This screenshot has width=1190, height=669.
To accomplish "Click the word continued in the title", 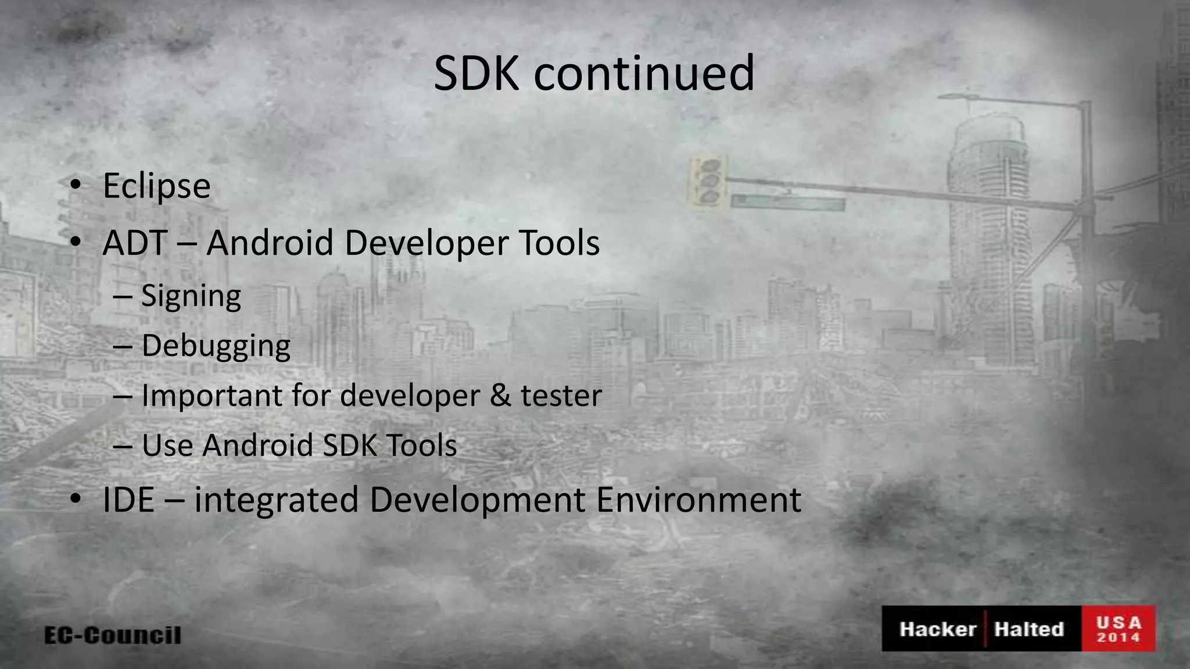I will pos(644,74).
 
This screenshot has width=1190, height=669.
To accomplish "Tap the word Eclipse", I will pos(156,186).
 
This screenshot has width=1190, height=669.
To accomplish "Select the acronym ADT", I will pos(135,243).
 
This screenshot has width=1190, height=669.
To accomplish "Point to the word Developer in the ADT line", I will pos(426,243).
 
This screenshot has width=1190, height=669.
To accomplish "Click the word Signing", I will pos(191,296).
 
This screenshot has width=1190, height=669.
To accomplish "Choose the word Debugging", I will pos(216,346).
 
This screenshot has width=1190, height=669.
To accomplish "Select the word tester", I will pos(561,395).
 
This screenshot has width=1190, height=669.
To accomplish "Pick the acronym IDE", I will pos(128,499).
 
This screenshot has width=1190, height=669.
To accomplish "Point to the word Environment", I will pos(698,499).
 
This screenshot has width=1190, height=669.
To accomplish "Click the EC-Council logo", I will pos(113,635).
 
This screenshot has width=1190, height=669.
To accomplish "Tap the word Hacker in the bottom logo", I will pos(938,629).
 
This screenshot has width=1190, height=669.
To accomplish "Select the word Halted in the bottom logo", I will pos(1029,629).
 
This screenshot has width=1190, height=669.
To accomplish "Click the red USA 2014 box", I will pos(1119,629).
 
